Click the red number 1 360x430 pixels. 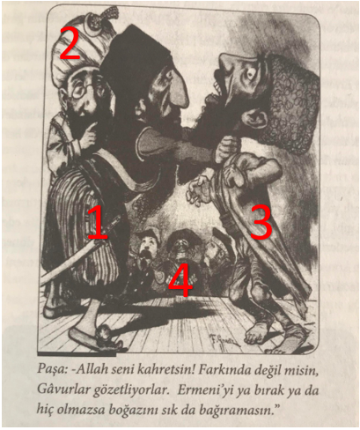click(x=98, y=222)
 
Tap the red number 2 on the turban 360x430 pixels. click(x=70, y=43)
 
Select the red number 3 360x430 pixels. click(x=261, y=222)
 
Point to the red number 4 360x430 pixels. click(x=182, y=279)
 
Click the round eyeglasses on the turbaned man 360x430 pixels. click(x=84, y=89)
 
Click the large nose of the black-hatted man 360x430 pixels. click(x=178, y=90)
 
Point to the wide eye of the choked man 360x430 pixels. click(x=251, y=73)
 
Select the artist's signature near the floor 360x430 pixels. click(x=224, y=341)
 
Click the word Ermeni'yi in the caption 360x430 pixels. click(x=202, y=391)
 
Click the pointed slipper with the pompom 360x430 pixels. click(x=98, y=338)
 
